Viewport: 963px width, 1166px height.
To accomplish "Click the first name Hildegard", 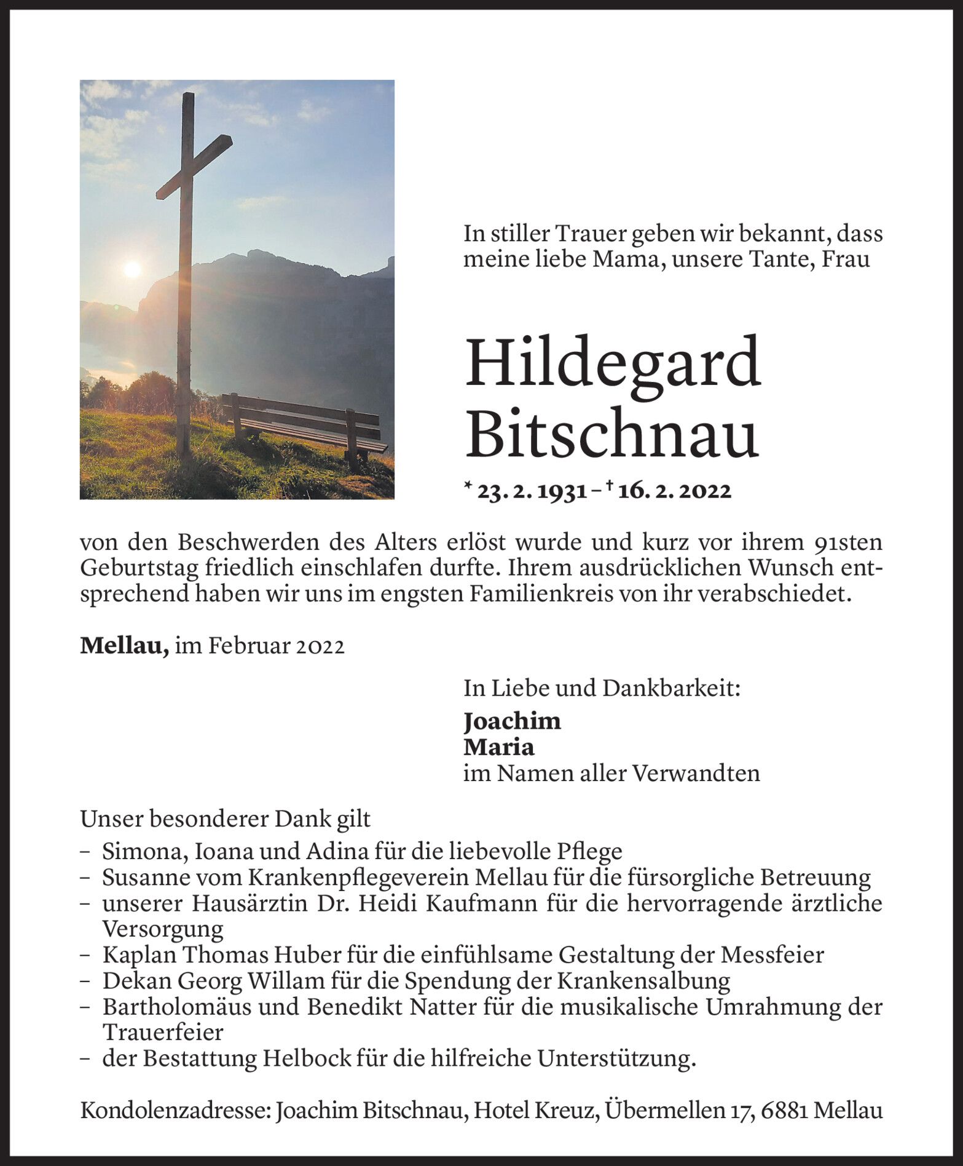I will [x=613, y=363].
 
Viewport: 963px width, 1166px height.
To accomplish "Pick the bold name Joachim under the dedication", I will [x=512, y=721].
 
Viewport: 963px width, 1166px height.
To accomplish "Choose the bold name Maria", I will [x=499, y=747].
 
